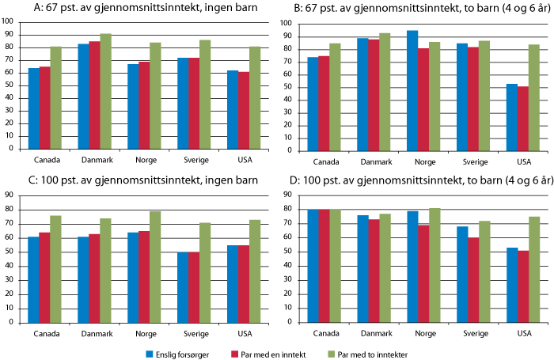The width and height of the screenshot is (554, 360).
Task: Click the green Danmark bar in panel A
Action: [x=105, y=90]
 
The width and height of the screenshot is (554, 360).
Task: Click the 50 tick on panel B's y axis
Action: [x=288, y=86]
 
